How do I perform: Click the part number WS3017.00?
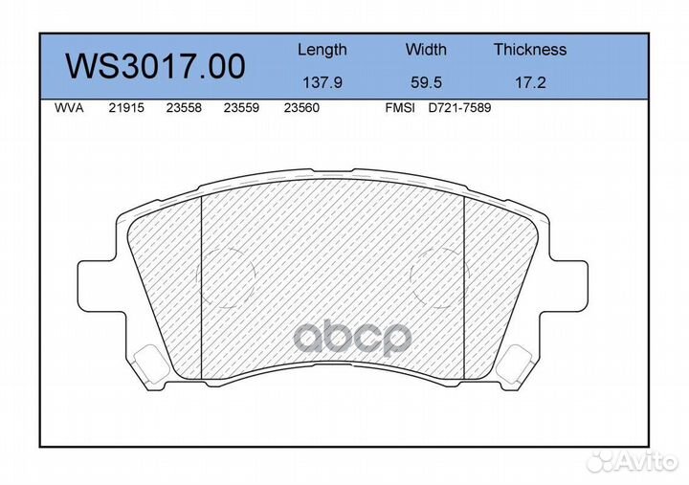coord(154,67)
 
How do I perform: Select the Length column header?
coord(322,50)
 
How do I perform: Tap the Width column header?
coord(425,50)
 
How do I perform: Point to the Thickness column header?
coord(529,50)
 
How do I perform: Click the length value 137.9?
coord(322,82)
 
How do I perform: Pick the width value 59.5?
coord(425,82)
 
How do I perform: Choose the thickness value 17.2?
coord(529,82)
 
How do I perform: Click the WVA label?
coord(70,109)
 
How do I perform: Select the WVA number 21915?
coord(125,109)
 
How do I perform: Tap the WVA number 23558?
coord(183,109)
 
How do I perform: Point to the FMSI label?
coord(399,109)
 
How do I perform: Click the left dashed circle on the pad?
coord(227,276)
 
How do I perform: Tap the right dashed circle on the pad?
coord(438,276)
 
